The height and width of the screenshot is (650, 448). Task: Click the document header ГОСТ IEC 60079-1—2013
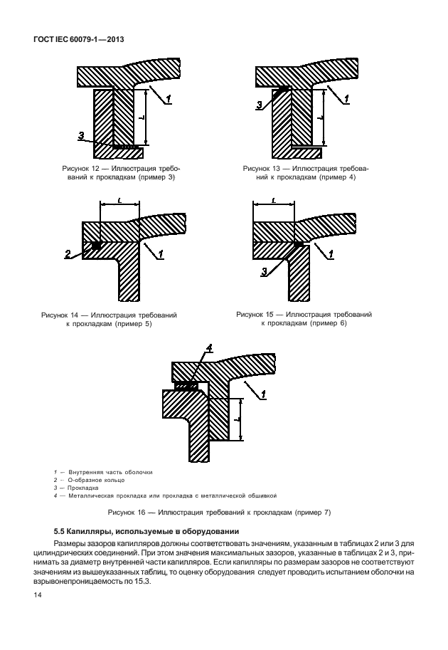(78, 40)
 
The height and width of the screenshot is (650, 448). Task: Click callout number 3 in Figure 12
(81, 135)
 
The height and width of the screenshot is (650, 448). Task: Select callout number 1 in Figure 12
(169, 99)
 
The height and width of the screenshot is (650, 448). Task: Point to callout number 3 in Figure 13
(260, 105)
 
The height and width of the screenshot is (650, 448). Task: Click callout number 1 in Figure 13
(346, 99)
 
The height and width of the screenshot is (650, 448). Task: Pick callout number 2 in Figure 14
(68, 254)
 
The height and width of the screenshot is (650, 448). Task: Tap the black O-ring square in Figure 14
(96, 246)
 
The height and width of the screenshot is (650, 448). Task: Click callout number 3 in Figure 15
(265, 271)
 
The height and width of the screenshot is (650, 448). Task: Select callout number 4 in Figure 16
(209, 348)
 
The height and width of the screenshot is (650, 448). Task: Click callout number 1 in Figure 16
(263, 395)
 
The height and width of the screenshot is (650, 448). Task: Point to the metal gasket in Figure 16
(186, 386)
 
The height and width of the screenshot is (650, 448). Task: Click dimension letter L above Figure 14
(119, 200)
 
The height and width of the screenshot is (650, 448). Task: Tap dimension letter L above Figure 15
(274, 200)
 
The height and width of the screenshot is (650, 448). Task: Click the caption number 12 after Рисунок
(96, 169)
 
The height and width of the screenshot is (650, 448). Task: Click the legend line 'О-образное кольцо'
(97, 480)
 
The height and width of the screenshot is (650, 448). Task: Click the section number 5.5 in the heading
(59, 531)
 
